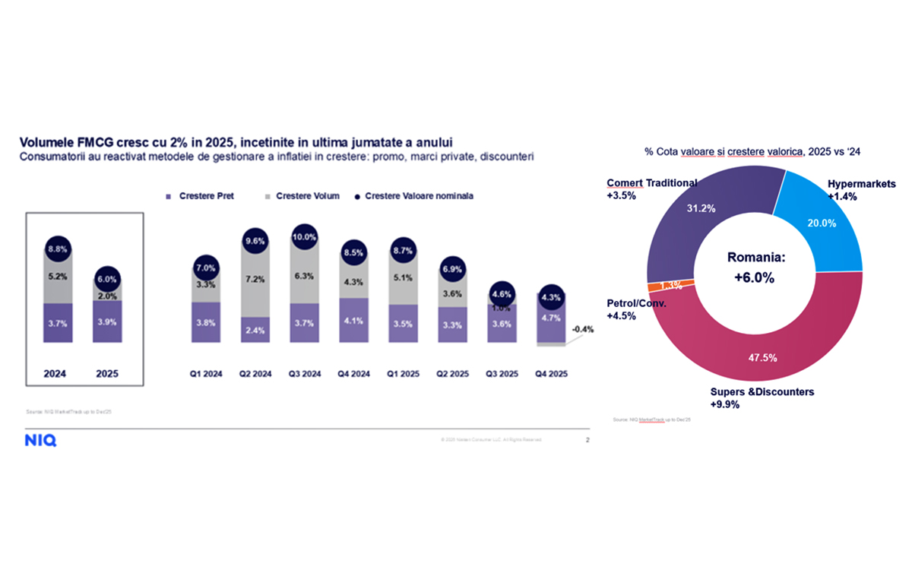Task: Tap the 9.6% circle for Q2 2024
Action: point(255,242)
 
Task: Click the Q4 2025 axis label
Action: point(551,373)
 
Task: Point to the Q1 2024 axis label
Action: point(206,373)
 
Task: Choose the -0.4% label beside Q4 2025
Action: point(583,329)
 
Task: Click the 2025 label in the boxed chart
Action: point(106,373)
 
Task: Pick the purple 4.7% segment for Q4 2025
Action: point(551,318)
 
